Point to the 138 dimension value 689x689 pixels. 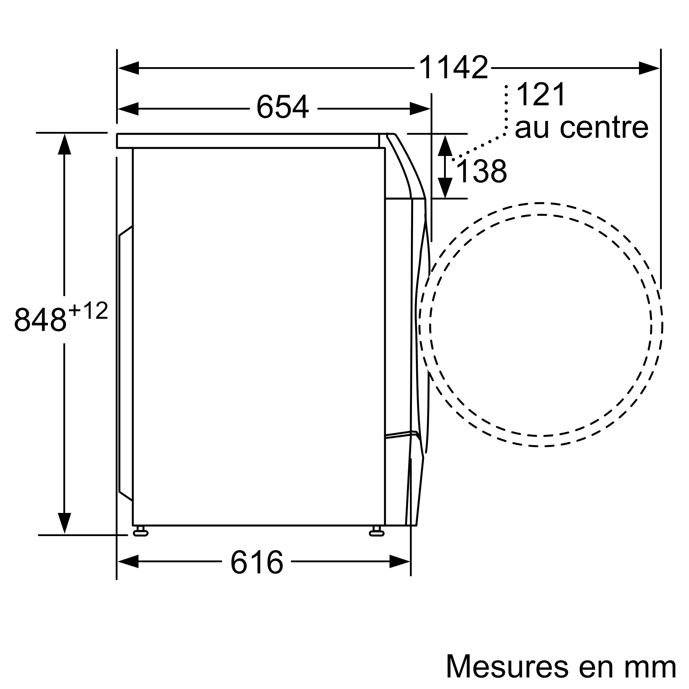pos(482,171)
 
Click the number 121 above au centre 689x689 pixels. pos(541,94)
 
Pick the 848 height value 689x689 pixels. pos(40,319)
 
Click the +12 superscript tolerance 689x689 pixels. pos(88,311)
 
